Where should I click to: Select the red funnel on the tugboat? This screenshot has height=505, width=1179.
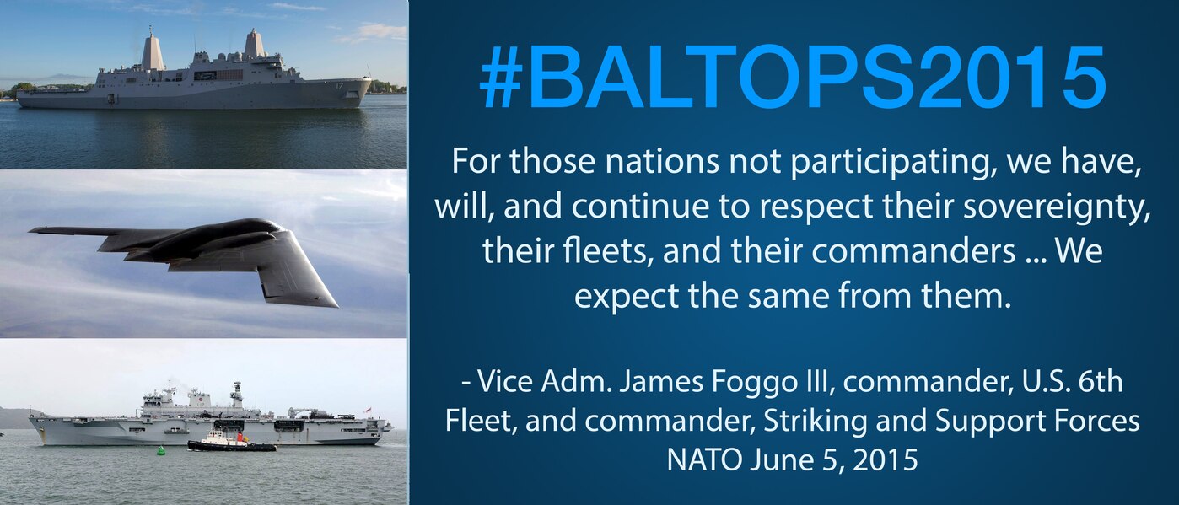click(241, 437)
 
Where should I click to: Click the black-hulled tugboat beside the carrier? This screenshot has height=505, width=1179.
click(232, 442)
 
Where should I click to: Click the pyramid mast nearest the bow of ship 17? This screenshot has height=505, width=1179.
click(255, 43)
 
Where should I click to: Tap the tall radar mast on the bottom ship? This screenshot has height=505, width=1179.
click(237, 394)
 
